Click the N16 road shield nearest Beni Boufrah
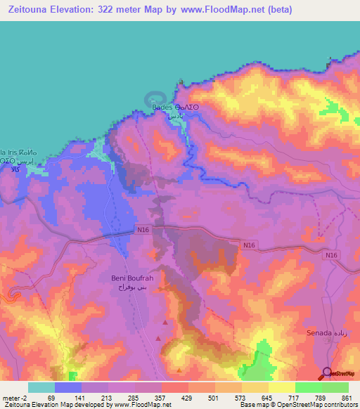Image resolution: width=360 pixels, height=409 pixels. pyautogui.click(x=143, y=230)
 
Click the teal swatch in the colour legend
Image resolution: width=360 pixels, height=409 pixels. pyautogui.click(x=41, y=387)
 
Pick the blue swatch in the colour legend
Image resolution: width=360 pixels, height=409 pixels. pyautogui.click(x=67, y=387)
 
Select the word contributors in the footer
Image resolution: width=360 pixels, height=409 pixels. pyautogui.click(x=337, y=405)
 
